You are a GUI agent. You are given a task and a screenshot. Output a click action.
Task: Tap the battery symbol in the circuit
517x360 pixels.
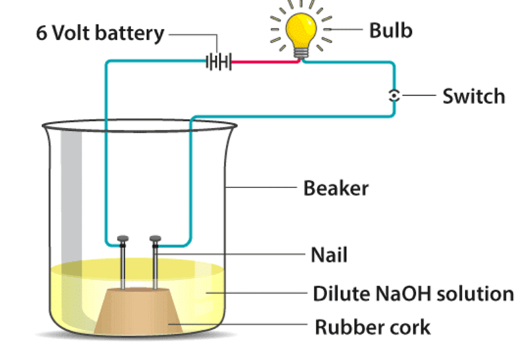[219, 63]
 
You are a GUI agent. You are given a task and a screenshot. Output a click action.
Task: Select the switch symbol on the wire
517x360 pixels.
[394, 96]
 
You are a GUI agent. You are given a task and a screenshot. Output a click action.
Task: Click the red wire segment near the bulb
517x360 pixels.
[266, 63]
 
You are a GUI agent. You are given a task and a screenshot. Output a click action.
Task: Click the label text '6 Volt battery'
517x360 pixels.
[100, 33]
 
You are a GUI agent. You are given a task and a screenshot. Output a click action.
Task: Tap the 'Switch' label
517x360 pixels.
[473, 96]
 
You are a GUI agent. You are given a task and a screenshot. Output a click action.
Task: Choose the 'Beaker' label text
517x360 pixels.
[336, 188]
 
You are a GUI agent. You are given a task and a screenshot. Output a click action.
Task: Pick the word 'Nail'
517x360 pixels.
[329, 254]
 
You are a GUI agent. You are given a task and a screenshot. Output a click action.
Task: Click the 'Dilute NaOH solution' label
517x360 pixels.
[413, 293]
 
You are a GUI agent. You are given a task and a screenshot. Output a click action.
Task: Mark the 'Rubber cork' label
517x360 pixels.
[372, 327]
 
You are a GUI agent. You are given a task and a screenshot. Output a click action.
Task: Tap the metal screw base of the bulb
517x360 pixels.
[302, 52]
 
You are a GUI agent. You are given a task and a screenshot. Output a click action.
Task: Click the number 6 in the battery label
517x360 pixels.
[41, 33]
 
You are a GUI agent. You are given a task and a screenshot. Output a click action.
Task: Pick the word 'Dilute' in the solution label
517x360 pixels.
[340, 293]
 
